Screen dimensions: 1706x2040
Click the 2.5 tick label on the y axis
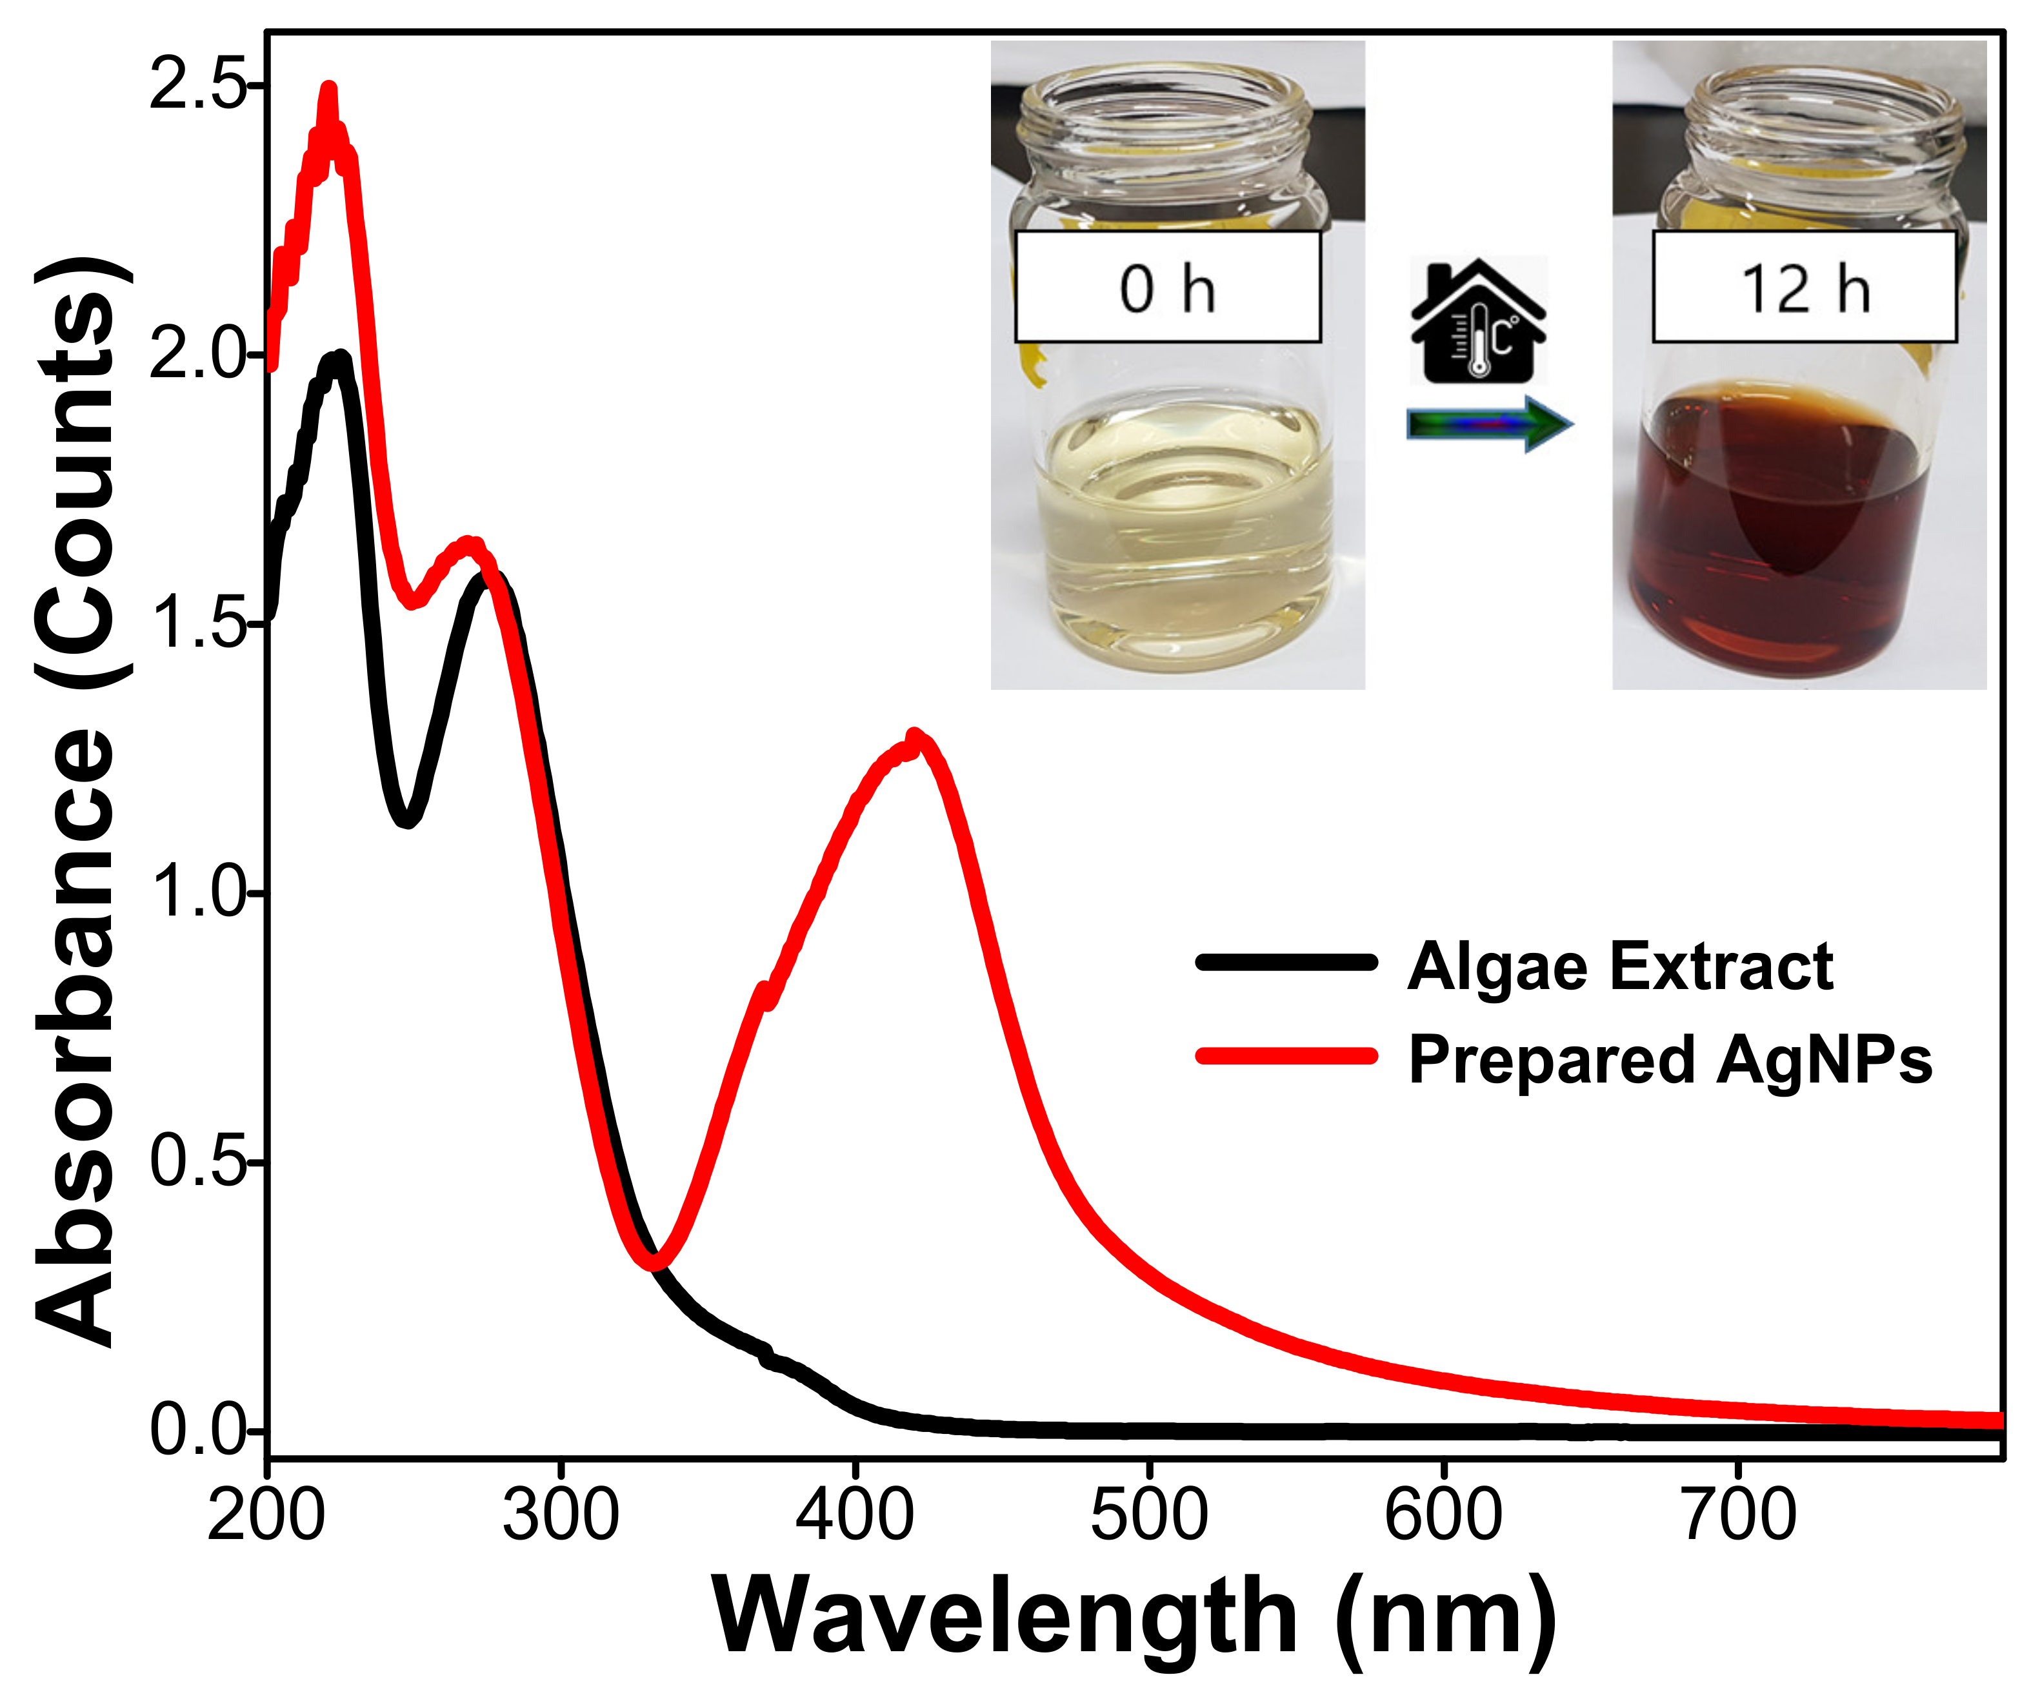coord(194,86)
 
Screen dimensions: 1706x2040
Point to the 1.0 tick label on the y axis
coord(194,893)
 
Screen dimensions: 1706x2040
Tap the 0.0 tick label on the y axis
coord(194,1430)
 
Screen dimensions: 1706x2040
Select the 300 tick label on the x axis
coord(561,1515)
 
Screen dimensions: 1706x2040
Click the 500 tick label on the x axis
coord(1148,1515)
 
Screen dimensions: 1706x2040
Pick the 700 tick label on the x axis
coord(1737,1515)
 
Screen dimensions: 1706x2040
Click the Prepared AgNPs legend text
coord(1670,1059)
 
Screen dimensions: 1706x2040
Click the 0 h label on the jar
coord(1168,288)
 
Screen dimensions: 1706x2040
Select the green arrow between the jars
coord(1489,424)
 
